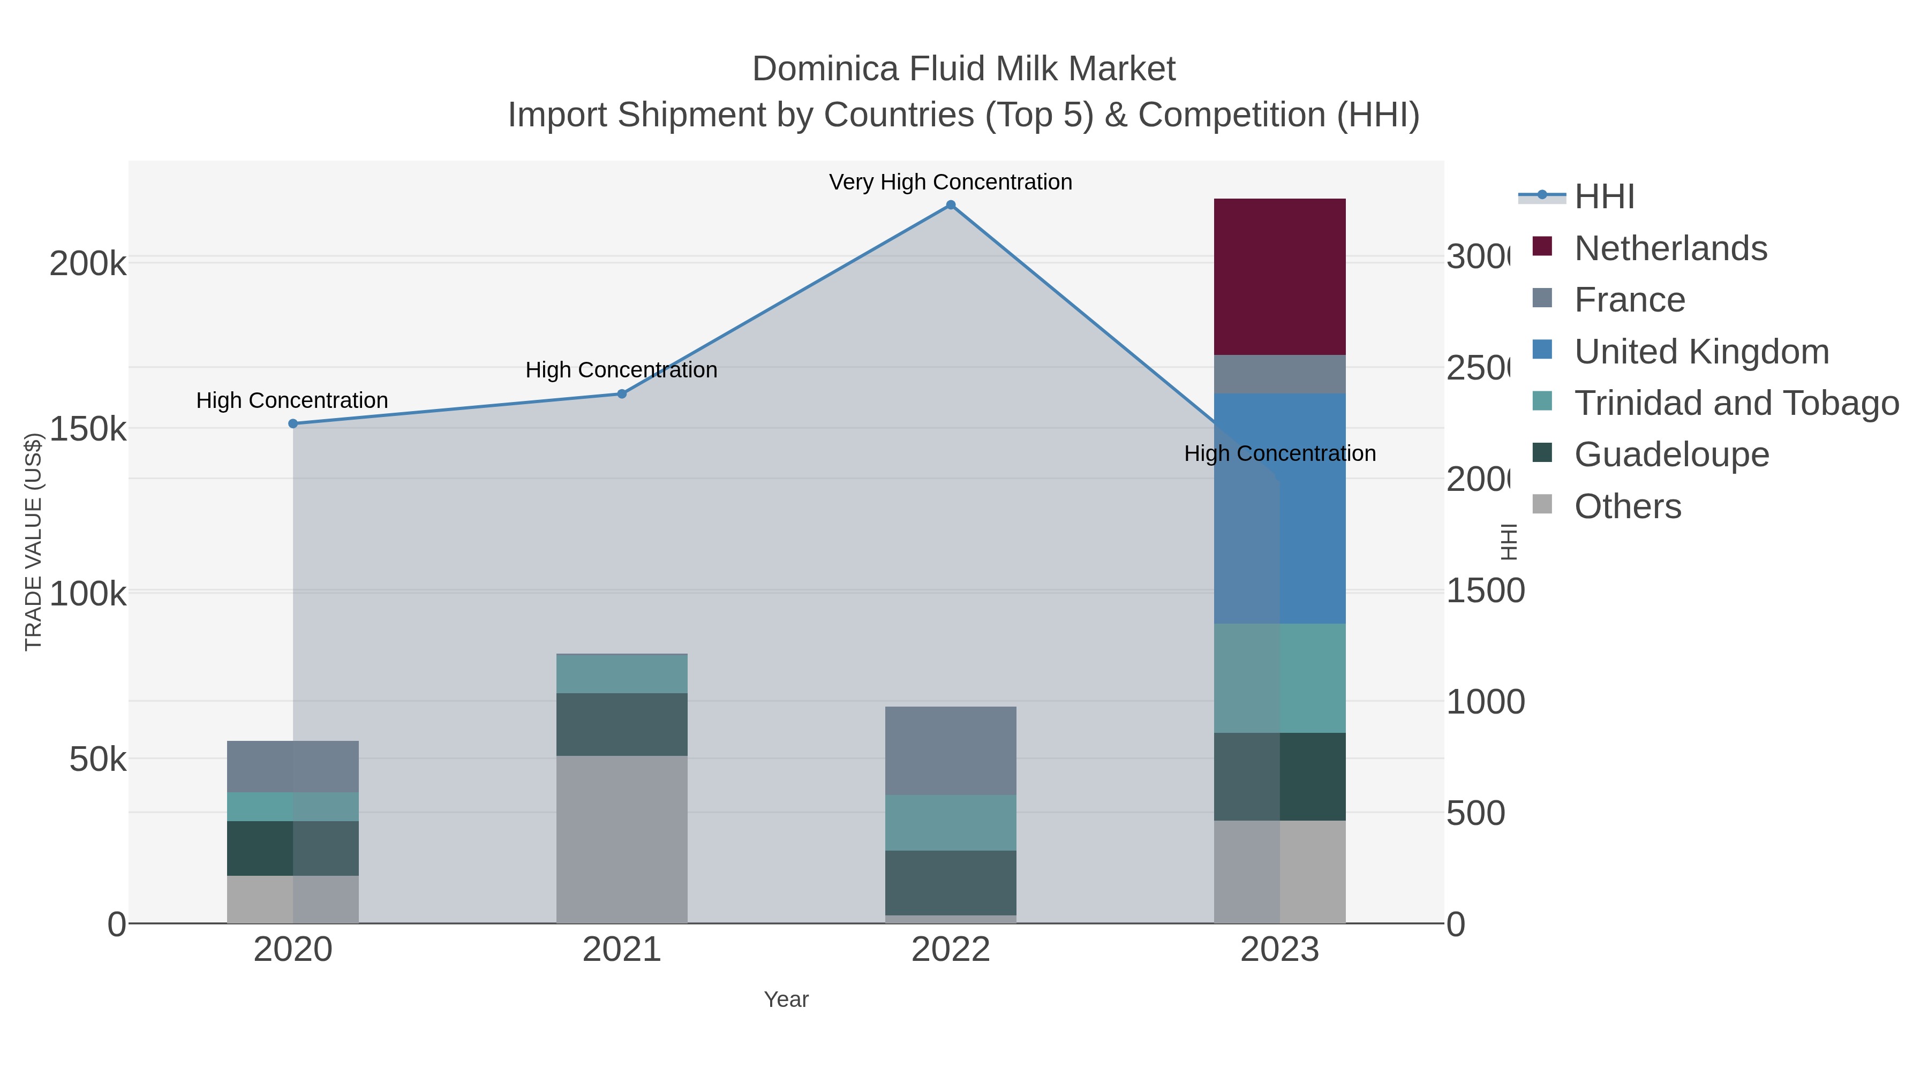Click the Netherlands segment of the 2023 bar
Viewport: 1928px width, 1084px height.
coord(1279,276)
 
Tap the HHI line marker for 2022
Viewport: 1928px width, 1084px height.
coord(951,205)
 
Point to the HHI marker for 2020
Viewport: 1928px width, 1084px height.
coord(292,423)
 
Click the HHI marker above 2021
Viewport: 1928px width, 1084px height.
coord(621,393)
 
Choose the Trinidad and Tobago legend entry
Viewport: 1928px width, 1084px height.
coord(1736,403)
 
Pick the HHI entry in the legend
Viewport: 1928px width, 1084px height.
coord(1604,197)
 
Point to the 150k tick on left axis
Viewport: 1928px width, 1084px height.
coord(87,429)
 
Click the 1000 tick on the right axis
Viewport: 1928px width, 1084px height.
coord(1484,702)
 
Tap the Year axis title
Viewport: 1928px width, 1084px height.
coord(786,999)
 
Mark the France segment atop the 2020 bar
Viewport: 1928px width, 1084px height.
coord(292,766)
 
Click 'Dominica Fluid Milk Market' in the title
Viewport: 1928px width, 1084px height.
coord(963,69)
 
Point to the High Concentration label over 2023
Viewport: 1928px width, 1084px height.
coord(1279,453)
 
